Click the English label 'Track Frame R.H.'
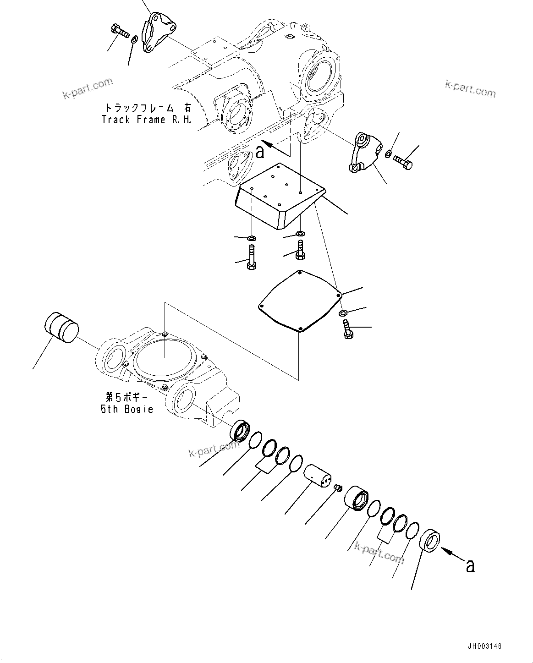(146, 120)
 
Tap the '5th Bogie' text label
(127, 409)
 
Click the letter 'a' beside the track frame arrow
(260, 152)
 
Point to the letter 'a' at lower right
(469, 566)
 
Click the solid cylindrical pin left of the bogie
(61, 327)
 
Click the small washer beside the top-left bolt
(134, 41)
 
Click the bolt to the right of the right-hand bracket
(403, 162)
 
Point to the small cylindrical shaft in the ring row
(317, 475)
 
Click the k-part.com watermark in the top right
(470, 88)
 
